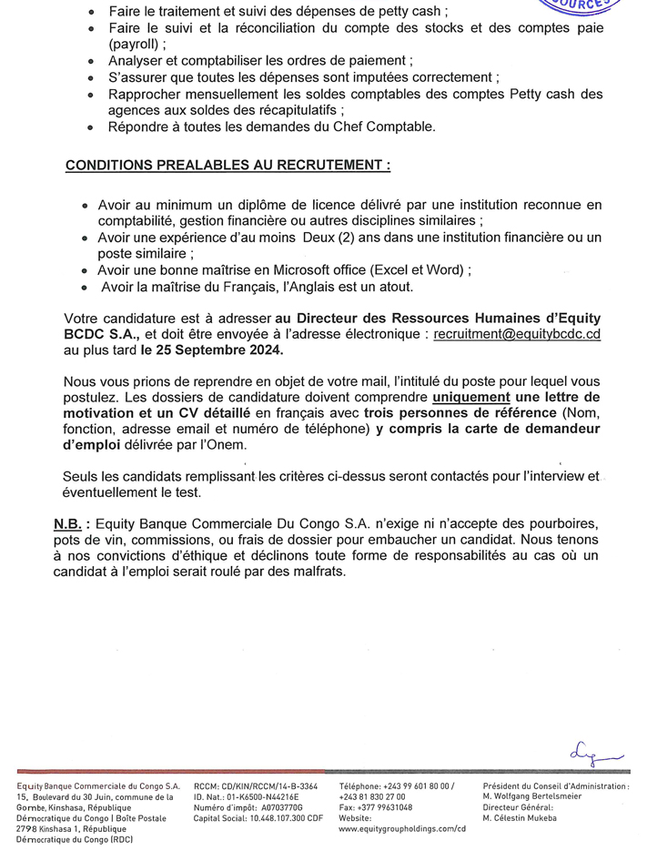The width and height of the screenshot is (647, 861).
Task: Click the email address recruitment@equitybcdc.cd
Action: pos(517,334)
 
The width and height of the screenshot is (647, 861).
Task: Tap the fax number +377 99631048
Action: pos(386,806)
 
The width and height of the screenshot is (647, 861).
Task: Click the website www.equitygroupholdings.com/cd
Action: pos(401,828)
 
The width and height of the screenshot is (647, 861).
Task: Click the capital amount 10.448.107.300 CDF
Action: pos(271,817)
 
